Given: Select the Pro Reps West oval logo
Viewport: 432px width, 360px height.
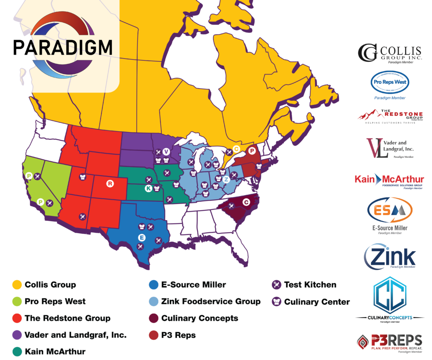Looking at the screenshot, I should (x=389, y=82).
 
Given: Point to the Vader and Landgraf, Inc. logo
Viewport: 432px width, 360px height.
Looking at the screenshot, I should (x=390, y=148).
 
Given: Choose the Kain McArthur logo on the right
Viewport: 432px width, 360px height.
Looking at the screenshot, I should (x=389, y=181).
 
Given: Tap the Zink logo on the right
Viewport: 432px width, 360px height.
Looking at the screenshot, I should (x=390, y=256).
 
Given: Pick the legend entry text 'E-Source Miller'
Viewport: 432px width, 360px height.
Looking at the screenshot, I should (x=194, y=285).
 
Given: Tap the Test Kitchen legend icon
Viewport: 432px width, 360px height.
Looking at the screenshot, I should (x=276, y=285).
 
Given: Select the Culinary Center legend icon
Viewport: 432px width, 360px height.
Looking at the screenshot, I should (x=276, y=302).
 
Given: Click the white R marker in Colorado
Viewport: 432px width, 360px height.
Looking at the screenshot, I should (x=110, y=183).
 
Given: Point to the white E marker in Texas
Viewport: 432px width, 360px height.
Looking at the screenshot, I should (x=142, y=237).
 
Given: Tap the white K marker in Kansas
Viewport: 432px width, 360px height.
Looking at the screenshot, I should (x=148, y=189).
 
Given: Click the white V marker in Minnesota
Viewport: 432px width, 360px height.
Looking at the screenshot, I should (x=166, y=152).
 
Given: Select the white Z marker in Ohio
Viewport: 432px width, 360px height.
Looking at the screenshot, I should (x=226, y=179).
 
